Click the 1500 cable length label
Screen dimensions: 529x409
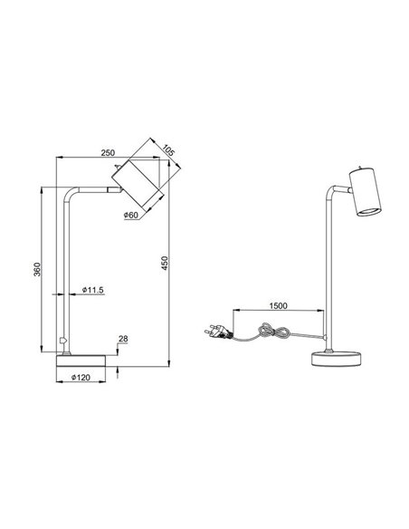(x=278, y=306)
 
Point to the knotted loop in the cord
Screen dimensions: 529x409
(x=267, y=333)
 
